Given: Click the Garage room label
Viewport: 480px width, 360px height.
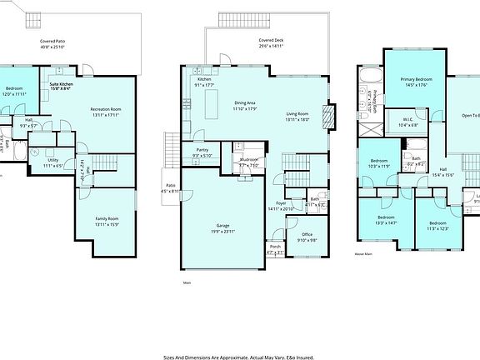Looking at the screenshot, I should pos(222,227).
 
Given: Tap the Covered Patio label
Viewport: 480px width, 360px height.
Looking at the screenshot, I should pos(55,44).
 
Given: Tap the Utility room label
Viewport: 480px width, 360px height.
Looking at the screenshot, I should pos(52,162).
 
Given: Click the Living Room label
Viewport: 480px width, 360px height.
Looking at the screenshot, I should pos(297,116).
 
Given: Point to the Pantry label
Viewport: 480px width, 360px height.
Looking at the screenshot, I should pos(202,152).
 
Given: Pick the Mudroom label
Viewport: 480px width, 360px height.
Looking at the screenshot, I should pos(249,161).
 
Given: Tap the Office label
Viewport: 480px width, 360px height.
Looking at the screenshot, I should pos(296,238).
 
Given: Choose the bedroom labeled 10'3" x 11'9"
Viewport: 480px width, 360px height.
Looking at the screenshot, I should pos(379,163).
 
